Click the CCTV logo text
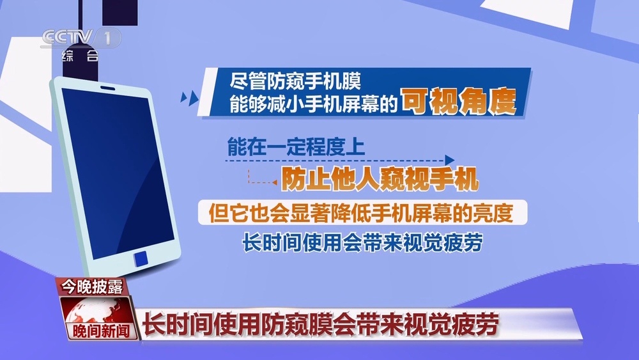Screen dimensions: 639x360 point(67,37)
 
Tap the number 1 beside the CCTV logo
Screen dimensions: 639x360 point(107,38)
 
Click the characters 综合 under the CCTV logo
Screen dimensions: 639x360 point(80,56)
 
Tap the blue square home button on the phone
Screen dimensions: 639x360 point(141,260)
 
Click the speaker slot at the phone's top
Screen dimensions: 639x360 point(107,88)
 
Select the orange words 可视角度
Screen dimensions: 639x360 point(459,101)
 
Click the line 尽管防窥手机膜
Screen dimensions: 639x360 point(295,82)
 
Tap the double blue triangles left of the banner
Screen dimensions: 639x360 point(190,98)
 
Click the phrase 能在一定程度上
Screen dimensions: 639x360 point(296,147)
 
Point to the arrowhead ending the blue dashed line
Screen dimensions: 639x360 point(449,160)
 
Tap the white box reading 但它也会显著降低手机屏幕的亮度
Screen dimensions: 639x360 point(363,212)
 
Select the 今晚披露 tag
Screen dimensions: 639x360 point(91,287)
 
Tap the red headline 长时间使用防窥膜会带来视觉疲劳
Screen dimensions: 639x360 point(321,325)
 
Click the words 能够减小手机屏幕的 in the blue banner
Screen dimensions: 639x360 point(313,105)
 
